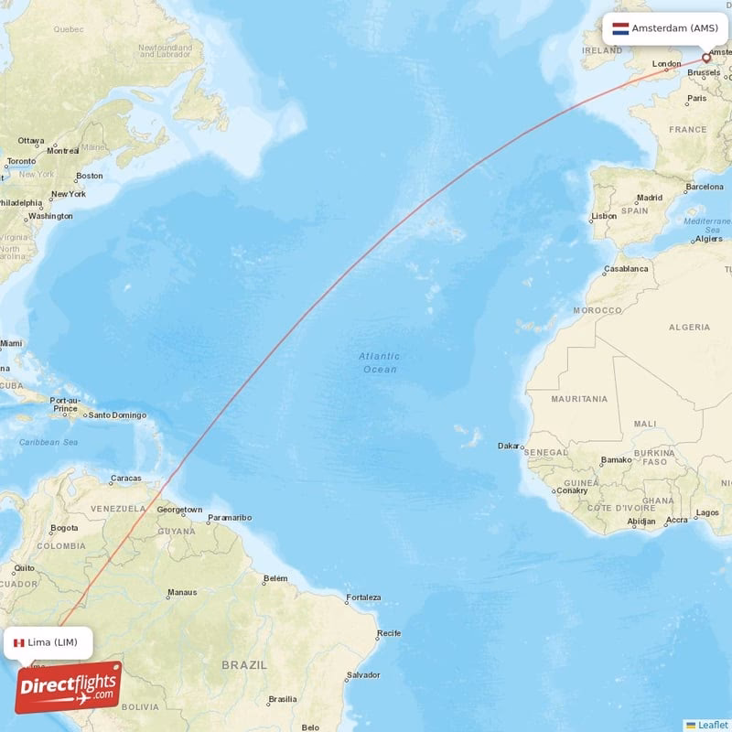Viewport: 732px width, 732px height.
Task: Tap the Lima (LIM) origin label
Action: pyautogui.click(x=59, y=642)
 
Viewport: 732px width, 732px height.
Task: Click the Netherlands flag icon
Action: pyautogui.click(x=619, y=28)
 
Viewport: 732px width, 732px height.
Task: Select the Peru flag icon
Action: pyautogui.click(x=18, y=642)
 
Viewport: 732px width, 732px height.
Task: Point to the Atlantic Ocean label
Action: pyautogui.click(x=378, y=362)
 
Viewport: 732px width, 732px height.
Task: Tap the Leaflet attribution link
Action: pyautogui.click(x=712, y=725)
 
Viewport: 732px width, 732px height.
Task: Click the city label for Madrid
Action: pyautogui.click(x=650, y=198)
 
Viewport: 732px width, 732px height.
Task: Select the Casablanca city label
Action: pyautogui.click(x=626, y=269)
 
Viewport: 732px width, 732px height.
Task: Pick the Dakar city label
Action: pyautogui.click(x=509, y=447)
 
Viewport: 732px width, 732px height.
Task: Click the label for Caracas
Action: pyautogui.click(x=125, y=479)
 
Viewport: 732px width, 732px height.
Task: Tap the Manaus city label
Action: pyautogui.click(x=181, y=593)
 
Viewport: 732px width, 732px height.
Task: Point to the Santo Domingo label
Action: pyautogui.click(x=117, y=415)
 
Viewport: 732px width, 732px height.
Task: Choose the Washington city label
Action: pyautogui.click(x=50, y=217)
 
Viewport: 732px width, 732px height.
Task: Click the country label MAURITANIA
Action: pyautogui.click(x=579, y=399)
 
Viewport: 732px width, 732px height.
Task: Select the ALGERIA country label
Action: pyautogui.click(x=689, y=327)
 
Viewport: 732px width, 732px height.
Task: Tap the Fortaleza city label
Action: pyautogui.click(x=362, y=598)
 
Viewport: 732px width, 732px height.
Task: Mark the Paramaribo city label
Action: pyautogui.click(x=229, y=518)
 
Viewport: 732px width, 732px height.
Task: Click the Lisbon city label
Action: pyautogui.click(x=604, y=217)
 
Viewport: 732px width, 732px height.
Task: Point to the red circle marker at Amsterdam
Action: pyautogui.click(x=705, y=58)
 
